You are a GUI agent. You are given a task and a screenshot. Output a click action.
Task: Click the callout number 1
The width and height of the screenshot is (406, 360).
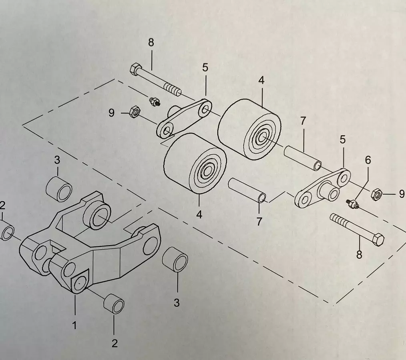point(74,326)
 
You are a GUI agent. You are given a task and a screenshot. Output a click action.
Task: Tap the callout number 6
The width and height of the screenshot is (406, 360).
point(368,160)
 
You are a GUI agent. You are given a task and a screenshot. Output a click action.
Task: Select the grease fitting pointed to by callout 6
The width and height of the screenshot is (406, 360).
point(352,204)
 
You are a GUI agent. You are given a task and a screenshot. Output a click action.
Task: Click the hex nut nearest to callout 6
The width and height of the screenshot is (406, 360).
point(376,195)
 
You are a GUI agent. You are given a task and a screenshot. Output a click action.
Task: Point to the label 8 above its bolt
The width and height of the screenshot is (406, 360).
point(151,43)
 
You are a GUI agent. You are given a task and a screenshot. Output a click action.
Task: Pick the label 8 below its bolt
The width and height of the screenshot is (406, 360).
point(359,254)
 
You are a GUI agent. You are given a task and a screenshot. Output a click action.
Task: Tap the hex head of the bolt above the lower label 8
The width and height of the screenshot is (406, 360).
point(378,239)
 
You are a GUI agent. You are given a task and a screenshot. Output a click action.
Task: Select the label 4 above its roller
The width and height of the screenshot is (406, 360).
point(261,80)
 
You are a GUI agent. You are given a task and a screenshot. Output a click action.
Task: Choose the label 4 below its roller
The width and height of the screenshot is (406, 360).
point(199,214)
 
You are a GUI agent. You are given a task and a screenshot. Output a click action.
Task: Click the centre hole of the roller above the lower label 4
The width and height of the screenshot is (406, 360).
point(207,172)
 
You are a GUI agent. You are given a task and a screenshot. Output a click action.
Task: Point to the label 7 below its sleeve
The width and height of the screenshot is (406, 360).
point(259,221)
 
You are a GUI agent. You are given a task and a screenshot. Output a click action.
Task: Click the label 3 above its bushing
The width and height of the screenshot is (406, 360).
point(57,160)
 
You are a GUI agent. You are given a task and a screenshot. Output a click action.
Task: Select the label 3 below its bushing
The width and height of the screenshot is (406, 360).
point(177,303)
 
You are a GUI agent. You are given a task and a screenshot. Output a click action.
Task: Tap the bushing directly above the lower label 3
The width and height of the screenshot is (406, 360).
point(175,260)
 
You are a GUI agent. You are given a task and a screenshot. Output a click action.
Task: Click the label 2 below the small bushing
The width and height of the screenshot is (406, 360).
point(115,343)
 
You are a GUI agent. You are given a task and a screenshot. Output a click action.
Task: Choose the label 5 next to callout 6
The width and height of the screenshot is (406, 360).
point(343,140)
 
